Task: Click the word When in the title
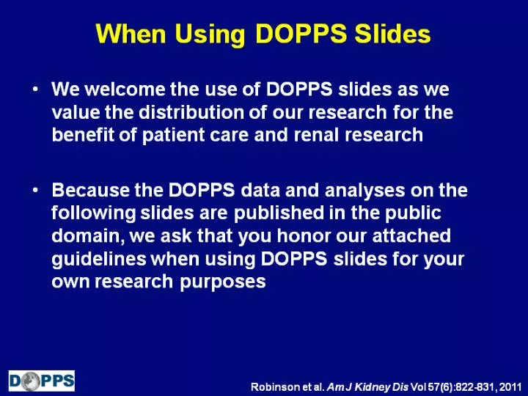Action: click(131, 34)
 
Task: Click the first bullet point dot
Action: click(35, 89)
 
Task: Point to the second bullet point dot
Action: click(35, 190)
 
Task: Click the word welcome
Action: click(125, 89)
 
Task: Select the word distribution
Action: click(191, 111)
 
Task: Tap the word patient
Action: click(173, 136)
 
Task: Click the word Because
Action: click(91, 190)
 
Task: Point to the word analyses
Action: click(364, 191)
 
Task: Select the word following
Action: click(93, 214)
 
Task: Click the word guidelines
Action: click(99, 260)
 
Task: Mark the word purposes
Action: click(223, 282)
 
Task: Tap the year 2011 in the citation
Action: click(510, 386)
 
